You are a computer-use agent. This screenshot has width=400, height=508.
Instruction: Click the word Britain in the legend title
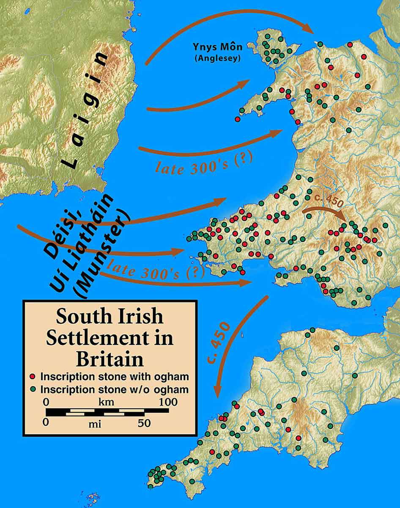click(x=110, y=359)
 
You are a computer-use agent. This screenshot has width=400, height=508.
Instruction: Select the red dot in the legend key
click(x=33, y=376)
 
